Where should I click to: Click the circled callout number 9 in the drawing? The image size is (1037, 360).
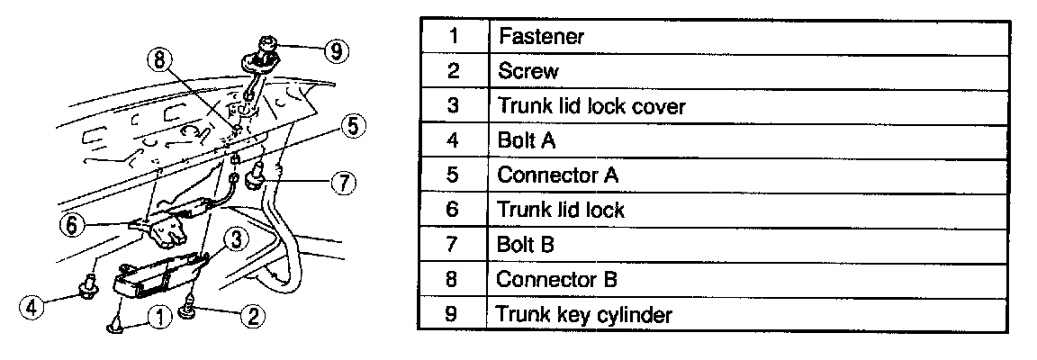pos(336,51)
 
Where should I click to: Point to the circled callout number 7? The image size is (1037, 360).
pos(341,183)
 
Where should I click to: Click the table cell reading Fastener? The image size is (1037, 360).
pos(541,37)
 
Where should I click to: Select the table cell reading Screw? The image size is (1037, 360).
pos(528,71)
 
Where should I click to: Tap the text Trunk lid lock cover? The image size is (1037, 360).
pos(591,106)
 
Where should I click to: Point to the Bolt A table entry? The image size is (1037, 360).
pos(526,140)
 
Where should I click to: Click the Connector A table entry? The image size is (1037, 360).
pos(558,175)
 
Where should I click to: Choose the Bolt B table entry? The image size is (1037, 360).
pos(526,245)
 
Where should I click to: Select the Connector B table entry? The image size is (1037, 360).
pos(558,280)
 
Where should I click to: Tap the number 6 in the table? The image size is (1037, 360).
pos(453,210)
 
